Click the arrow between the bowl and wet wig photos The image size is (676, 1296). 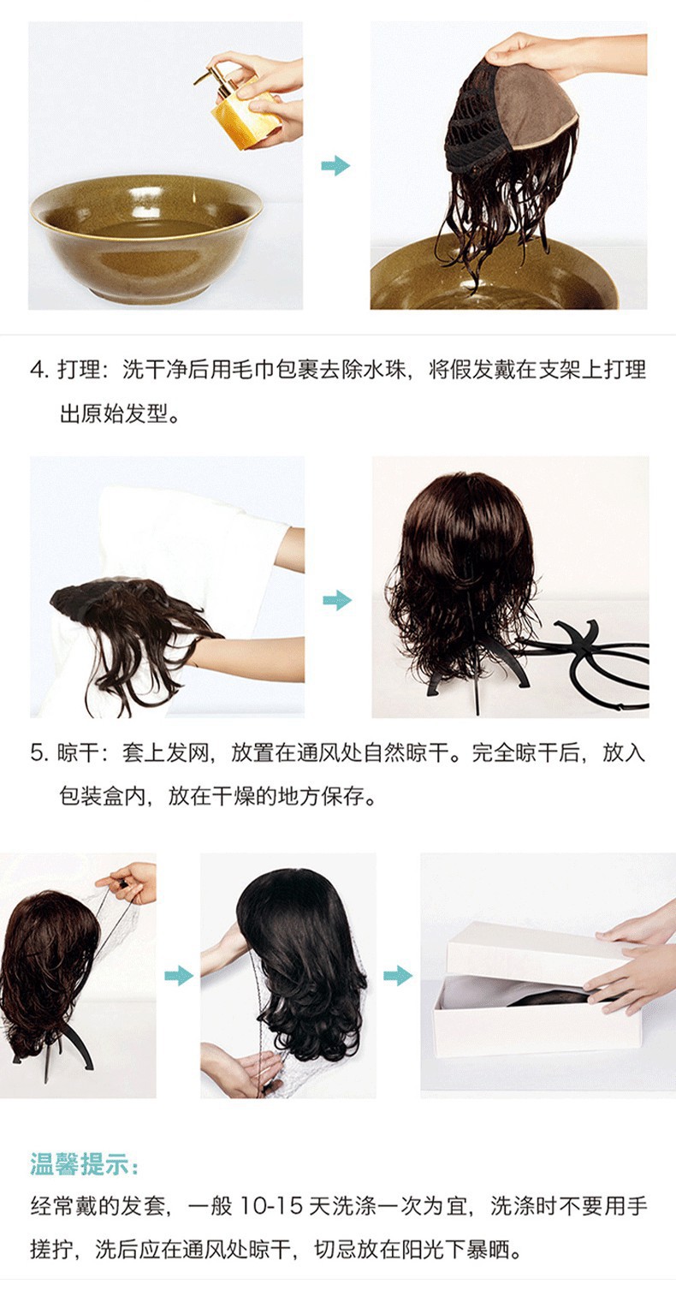(335, 165)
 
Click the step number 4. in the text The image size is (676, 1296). (39, 370)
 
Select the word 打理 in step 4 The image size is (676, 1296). (77, 370)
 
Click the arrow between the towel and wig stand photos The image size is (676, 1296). (337, 600)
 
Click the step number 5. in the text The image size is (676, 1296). (39, 753)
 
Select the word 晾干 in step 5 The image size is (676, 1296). (77, 753)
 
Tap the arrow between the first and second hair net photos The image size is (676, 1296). (178, 975)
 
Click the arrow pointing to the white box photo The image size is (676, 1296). (397, 975)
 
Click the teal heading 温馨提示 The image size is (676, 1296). (84, 1164)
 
